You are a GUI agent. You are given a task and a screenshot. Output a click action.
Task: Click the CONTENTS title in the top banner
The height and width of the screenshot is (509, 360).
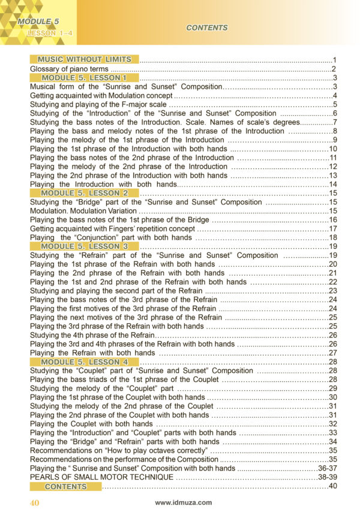click(206, 28)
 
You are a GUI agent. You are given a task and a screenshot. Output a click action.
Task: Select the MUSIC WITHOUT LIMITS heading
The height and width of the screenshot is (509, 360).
click(84, 59)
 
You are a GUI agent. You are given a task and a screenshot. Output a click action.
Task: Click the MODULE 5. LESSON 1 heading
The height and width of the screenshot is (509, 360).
click(84, 78)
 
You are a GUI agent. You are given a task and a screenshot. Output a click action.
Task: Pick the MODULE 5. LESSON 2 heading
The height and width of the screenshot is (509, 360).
click(84, 193)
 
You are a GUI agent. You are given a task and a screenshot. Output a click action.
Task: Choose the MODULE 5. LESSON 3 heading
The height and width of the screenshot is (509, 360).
click(84, 246)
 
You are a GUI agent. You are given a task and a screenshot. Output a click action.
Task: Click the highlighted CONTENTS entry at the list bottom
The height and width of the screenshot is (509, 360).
click(65, 486)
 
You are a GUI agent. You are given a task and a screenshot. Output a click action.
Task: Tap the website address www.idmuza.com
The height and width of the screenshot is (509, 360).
click(183, 502)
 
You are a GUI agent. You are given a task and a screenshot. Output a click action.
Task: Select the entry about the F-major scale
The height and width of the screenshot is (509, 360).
click(89, 104)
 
